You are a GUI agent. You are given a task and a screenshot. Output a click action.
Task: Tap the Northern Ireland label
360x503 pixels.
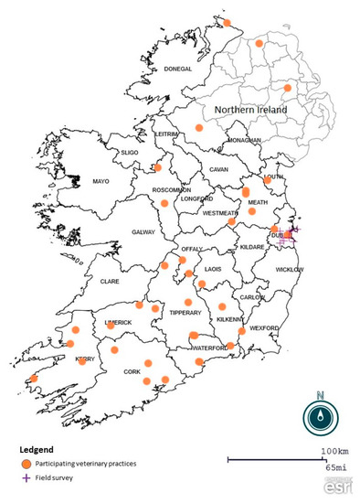pos(250,110)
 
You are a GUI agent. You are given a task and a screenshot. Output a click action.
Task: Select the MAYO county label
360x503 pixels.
pos(101,182)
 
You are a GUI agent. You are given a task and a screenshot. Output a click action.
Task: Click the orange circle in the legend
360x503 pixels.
pos(26,465)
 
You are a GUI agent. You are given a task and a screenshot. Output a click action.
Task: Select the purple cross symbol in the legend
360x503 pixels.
pos(26,478)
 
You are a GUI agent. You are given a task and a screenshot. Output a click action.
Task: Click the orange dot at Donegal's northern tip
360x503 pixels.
pos(228,21)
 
